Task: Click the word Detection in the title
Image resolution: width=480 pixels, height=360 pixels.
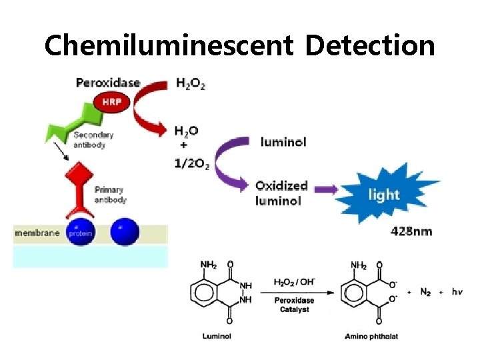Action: click(x=369, y=45)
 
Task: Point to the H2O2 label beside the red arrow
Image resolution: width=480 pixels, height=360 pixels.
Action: click(x=191, y=83)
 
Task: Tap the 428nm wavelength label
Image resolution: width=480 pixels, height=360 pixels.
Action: click(x=411, y=232)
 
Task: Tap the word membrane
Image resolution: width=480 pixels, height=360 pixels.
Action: click(x=37, y=233)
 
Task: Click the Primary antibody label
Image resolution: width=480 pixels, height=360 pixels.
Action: click(x=110, y=195)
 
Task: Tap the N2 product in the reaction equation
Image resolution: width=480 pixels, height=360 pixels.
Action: click(x=425, y=292)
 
